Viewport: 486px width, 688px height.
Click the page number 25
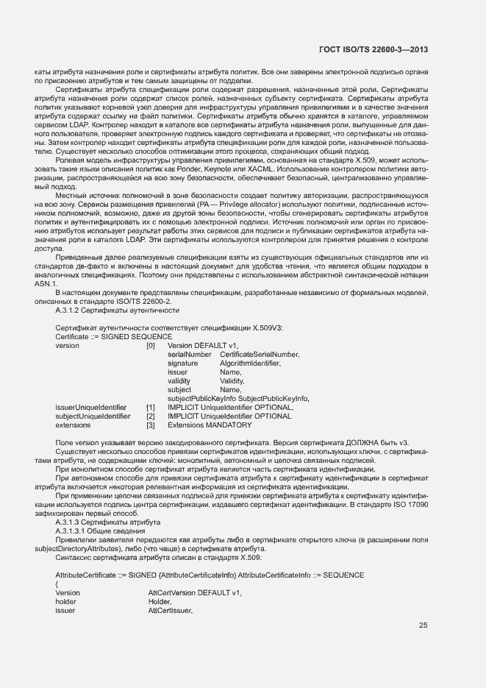(423, 625)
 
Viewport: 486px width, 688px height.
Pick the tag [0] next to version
(151, 345)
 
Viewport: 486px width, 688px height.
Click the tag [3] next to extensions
(151, 425)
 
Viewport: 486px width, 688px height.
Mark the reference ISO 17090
(406, 504)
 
